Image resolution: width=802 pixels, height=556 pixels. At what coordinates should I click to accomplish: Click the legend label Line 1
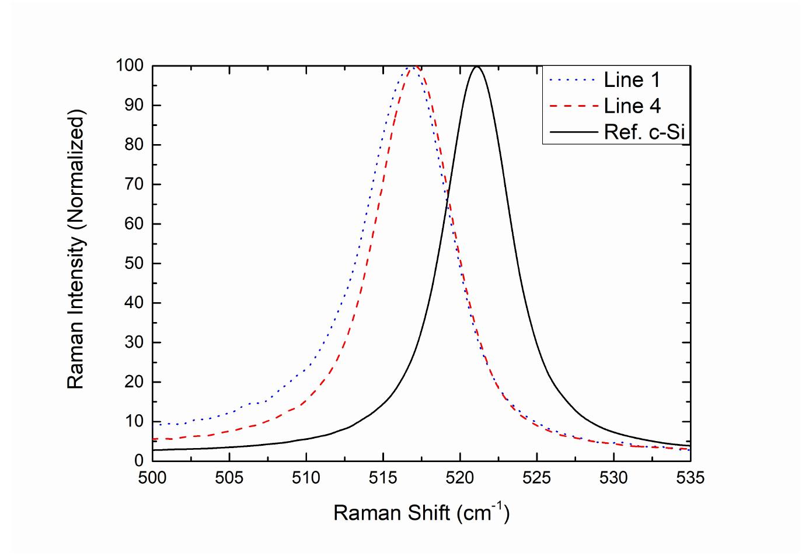click(x=632, y=80)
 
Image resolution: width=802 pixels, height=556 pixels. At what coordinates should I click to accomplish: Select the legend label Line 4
click(x=632, y=106)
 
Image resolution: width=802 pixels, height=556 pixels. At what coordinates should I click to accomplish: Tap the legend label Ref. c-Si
click(x=644, y=132)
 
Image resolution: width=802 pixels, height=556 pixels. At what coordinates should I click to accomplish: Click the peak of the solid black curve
click(x=477, y=67)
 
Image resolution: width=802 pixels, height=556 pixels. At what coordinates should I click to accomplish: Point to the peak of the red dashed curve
click(x=416, y=67)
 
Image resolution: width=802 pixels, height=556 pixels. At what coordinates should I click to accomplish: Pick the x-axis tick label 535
click(x=691, y=478)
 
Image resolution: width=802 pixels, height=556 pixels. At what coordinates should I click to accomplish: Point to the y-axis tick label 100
click(x=129, y=66)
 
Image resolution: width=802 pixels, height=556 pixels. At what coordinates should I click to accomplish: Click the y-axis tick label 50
click(x=135, y=264)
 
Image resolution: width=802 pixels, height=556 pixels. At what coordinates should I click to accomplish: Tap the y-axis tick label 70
click(x=135, y=185)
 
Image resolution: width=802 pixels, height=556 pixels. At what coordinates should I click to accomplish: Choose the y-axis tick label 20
click(x=135, y=383)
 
